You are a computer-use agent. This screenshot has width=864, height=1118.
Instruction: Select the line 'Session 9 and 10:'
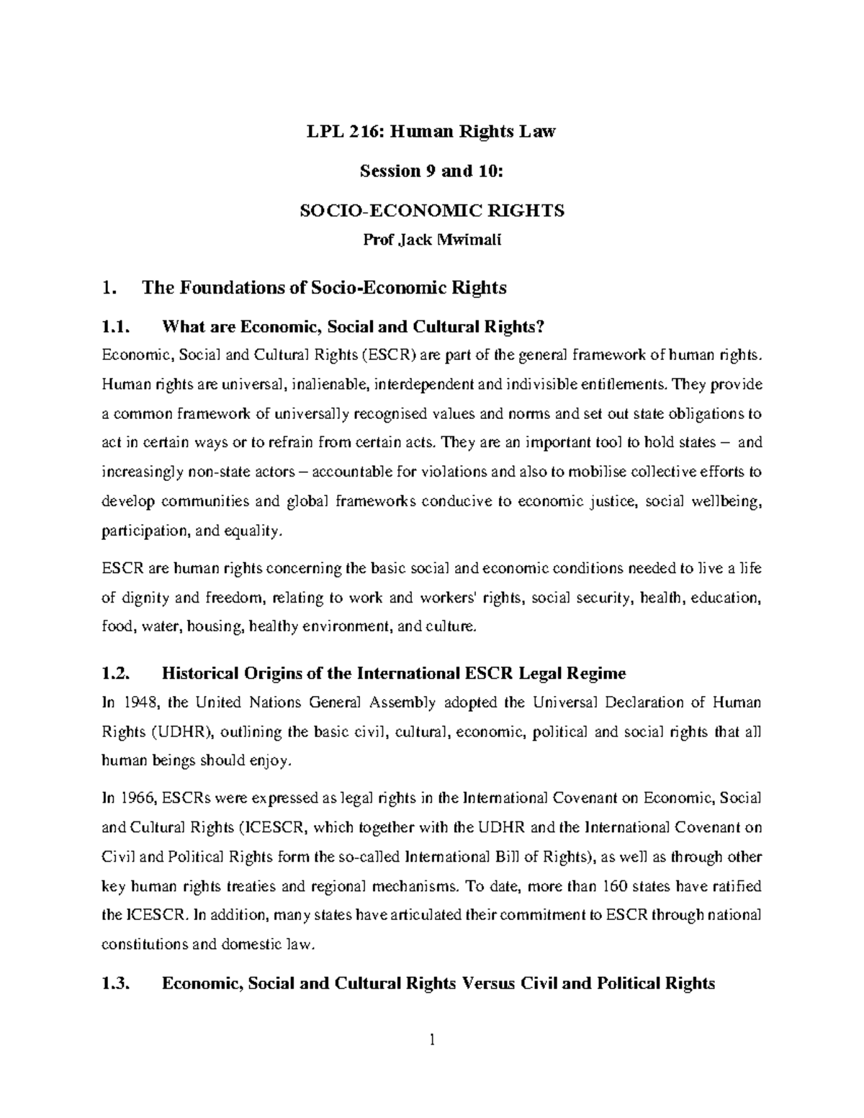pyautogui.click(x=431, y=171)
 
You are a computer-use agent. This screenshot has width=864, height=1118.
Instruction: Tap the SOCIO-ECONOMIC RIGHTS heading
pyautogui.click(x=431, y=210)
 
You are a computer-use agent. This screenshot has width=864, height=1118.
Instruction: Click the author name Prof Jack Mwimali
pyautogui.click(x=431, y=240)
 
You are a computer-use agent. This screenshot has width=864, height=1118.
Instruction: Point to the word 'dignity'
pyautogui.click(x=142, y=598)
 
